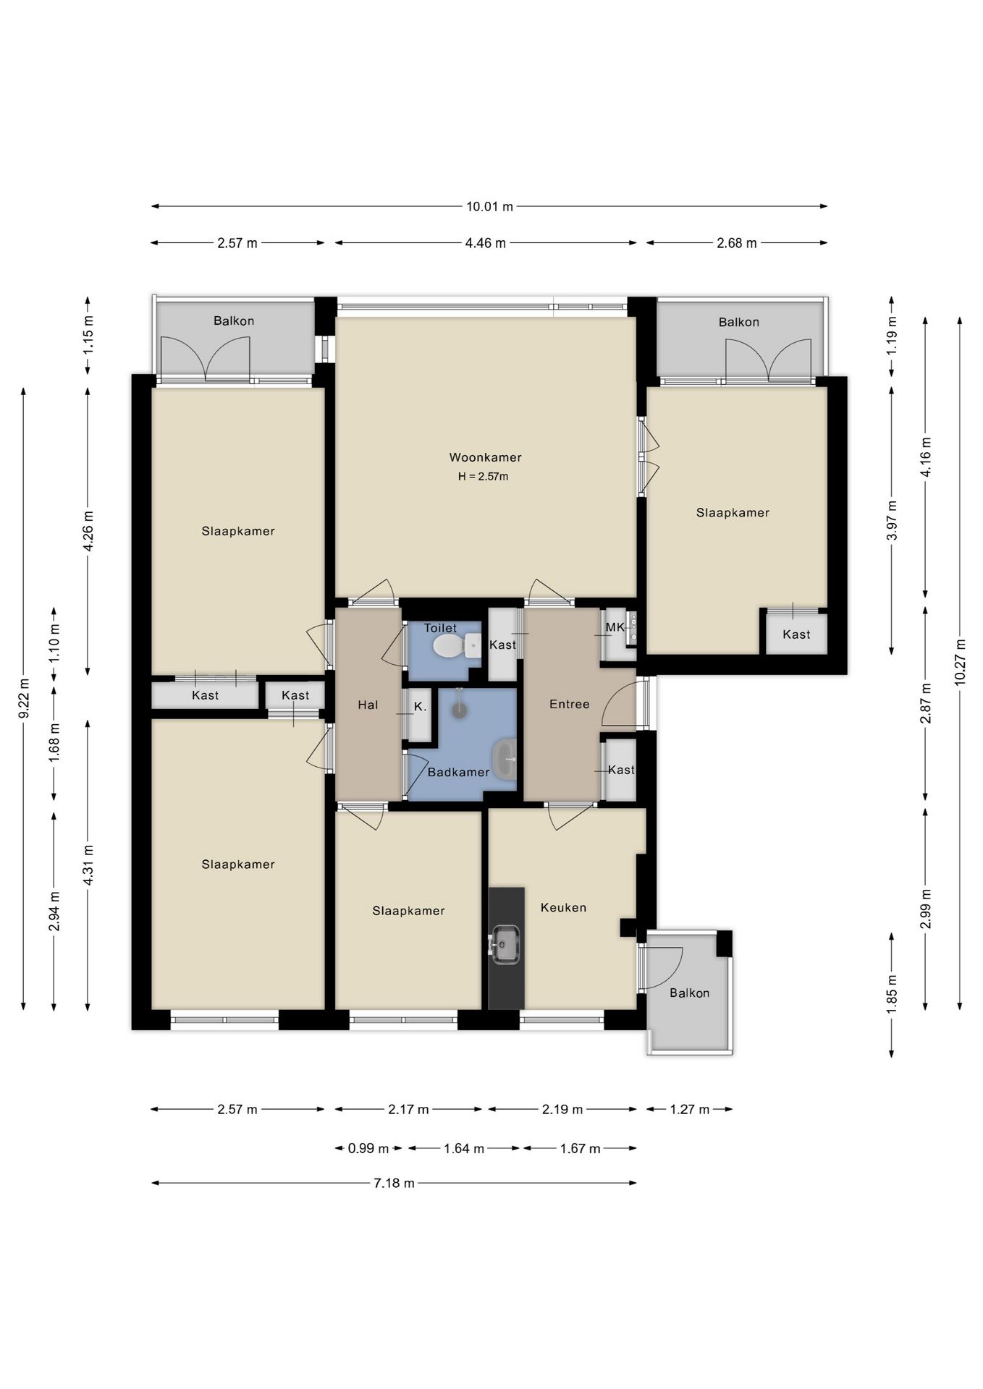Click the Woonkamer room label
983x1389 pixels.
click(x=485, y=457)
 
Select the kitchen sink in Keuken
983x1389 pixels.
click(x=505, y=944)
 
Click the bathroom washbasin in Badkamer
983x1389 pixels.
click(x=505, y=758)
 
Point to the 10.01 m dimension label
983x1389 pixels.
click(x=489, y=206)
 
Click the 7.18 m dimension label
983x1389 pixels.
click(x=394, y=1183)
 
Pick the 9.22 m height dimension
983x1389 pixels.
click(x=24, y=699)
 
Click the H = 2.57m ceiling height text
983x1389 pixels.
click(x=483, y=477)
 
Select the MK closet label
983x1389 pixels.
click(x=615, y=627)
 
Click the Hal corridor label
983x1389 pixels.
click(x=368, y=705)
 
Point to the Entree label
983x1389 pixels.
click(x=569, y=704)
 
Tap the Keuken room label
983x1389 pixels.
click(x=563, y=907)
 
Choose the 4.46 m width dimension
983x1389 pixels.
click(x=485, y=243)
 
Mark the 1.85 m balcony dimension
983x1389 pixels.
click(x=891, y=995)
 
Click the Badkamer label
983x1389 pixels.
click(x=458, y=772)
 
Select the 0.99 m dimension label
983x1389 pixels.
click(x=368, y=1148)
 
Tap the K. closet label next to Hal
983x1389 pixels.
click(x=420, y=707)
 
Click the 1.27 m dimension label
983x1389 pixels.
click(x=689, y=1109)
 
